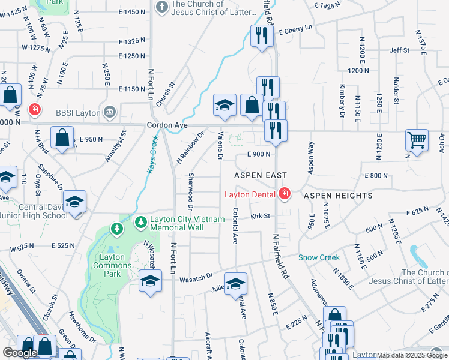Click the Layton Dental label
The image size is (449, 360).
[x=249, y=194]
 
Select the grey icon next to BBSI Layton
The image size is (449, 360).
[x=109, y=111]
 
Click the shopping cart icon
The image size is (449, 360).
[x=417, y=140]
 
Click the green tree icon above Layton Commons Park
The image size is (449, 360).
[x=117, y=229]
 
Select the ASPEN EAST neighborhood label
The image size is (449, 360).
[x=261, y=175]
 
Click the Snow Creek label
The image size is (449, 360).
[x=319, y=257]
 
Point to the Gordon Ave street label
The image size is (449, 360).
[x=167, y=125]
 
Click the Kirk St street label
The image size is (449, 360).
[x=261, y=215]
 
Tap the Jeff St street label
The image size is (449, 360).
[x=399, y=50]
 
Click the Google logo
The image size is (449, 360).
[x=20, y=353]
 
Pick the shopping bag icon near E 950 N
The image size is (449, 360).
[x=62, y=137]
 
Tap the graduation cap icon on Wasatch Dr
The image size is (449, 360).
[x=150, y=281]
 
